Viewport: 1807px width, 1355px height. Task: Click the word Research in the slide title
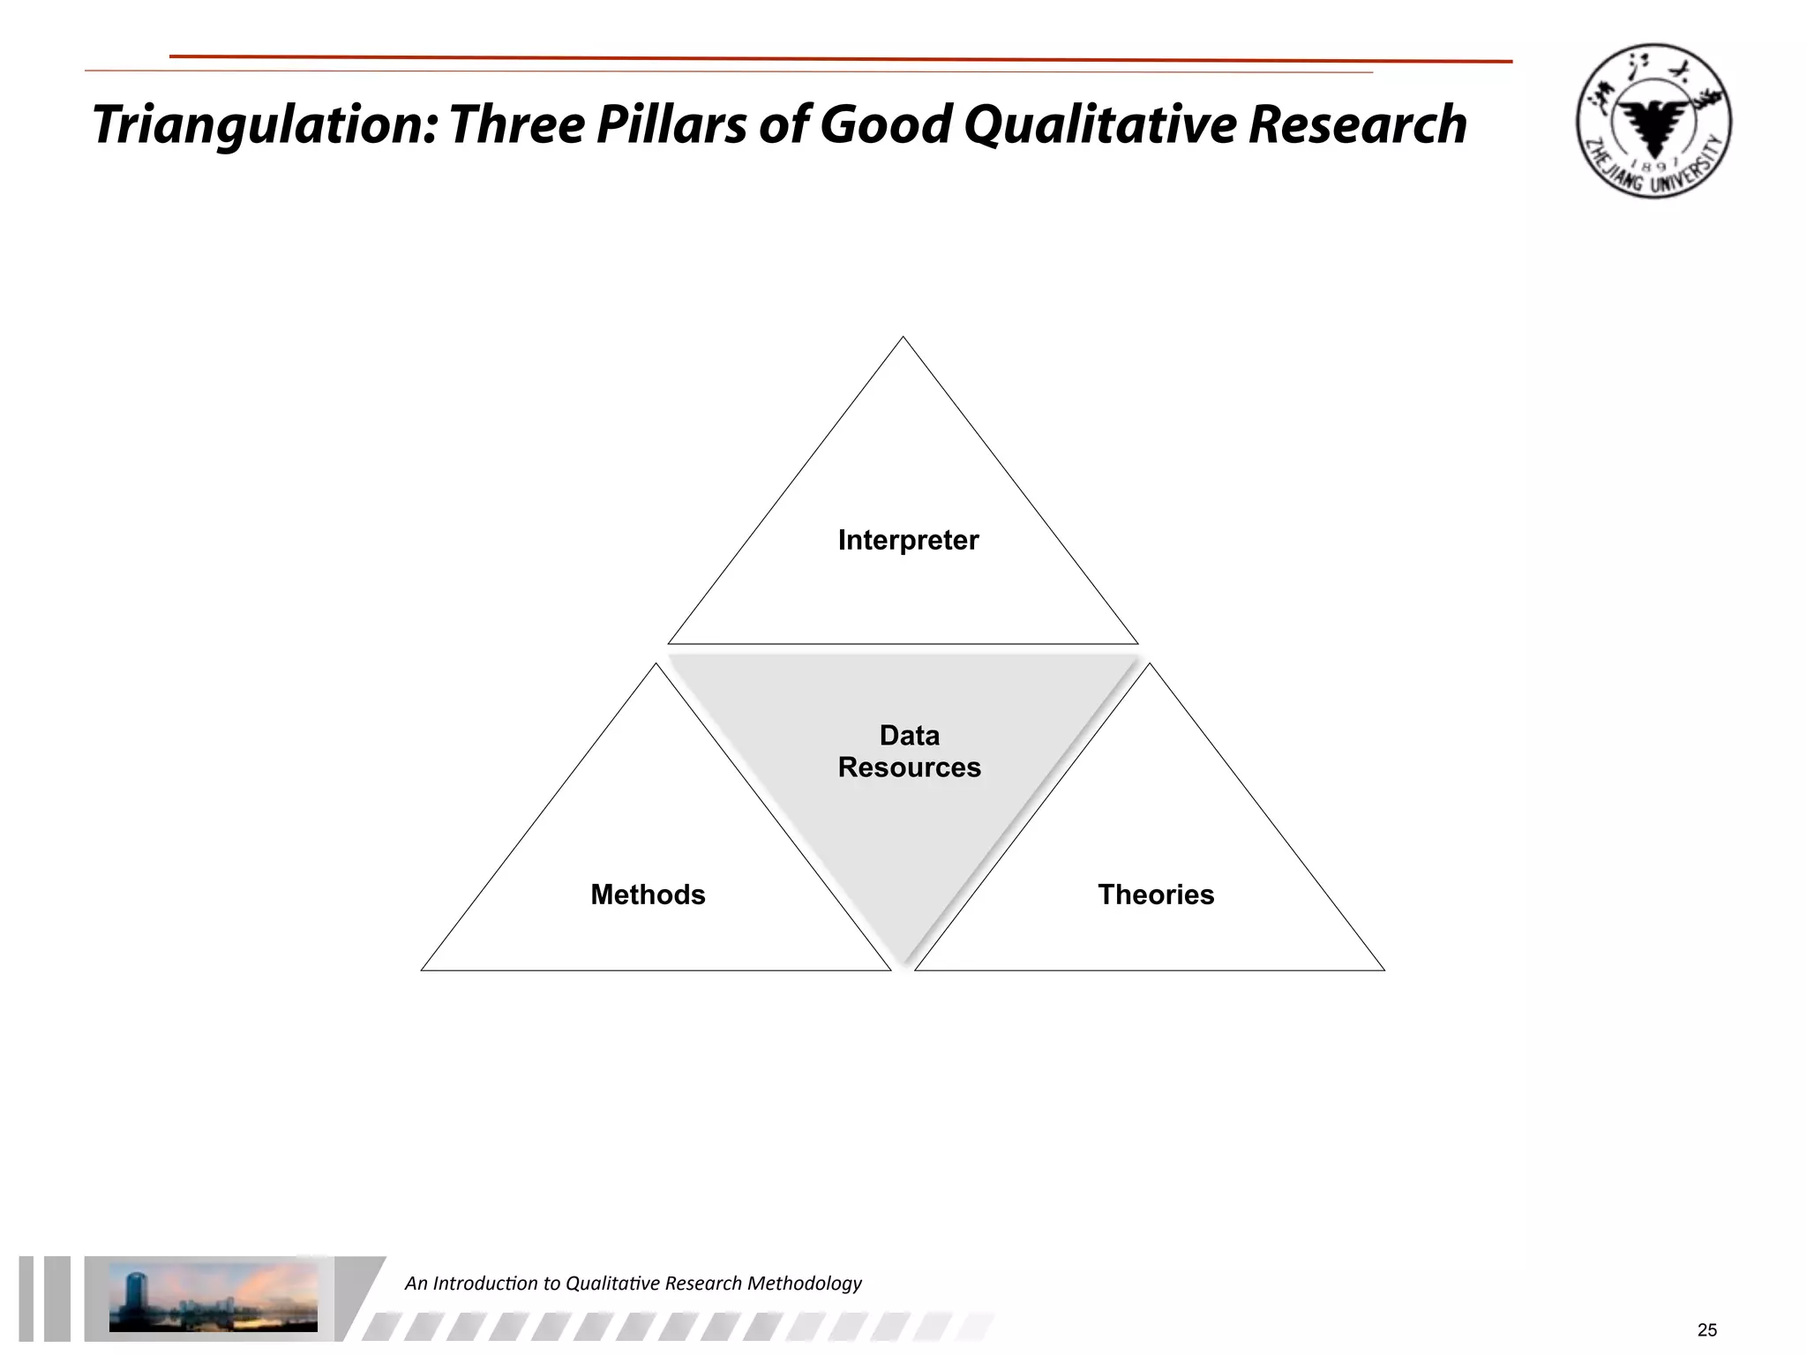(1357, 124)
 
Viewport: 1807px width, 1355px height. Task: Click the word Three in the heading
(515, 124)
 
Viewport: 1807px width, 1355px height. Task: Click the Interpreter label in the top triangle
(908, 540)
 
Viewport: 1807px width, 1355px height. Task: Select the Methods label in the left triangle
(648, 895)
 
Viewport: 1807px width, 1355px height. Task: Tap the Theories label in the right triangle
(1156, 895)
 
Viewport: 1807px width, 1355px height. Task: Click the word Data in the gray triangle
(909, 736)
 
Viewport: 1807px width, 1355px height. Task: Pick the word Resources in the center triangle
(909, 767)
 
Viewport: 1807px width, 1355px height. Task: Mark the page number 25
(1706, 1330)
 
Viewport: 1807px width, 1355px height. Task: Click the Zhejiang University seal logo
(1653, 121)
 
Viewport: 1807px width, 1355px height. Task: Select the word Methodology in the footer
(804, 1284)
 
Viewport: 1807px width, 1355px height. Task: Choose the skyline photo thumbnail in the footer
(213, 1297)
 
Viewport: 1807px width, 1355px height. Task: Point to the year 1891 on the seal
(1654, 168)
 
